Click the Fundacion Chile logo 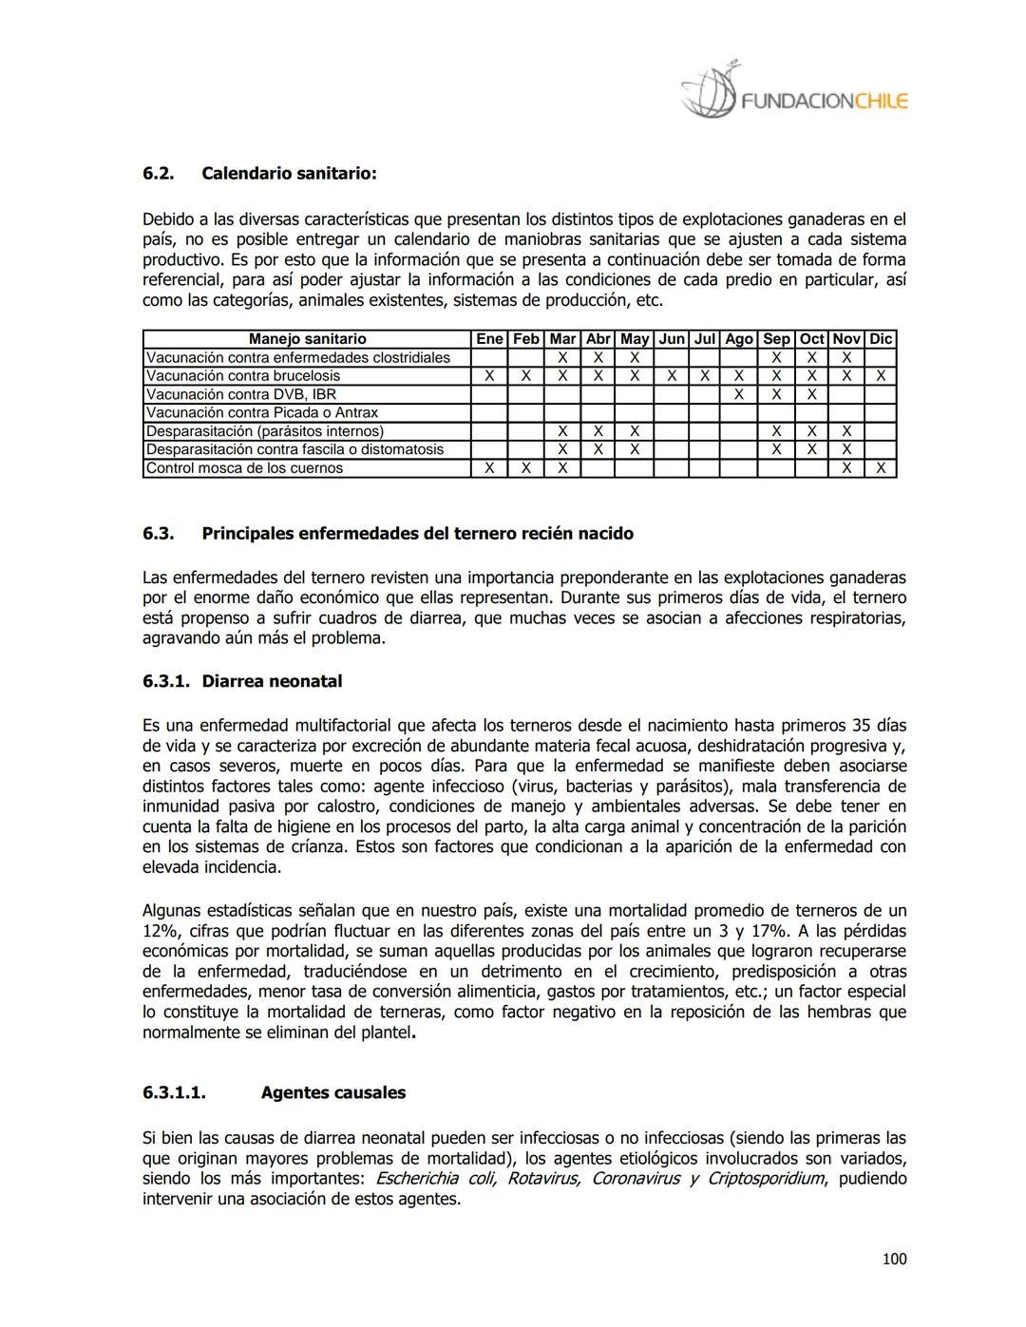click(794, 94)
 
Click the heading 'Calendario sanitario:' click(289, 174)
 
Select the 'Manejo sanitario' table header click(307, 339)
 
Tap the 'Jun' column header click(672, 339)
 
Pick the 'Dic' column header click(881, 339)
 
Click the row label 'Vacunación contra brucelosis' click(243, 376)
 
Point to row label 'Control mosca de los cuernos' click(245, 468)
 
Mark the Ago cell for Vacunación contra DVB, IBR click(738, 394)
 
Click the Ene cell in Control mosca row click(489, 468)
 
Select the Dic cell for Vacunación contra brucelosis click(881, 376)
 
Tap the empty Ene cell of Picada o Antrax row click(489, 412)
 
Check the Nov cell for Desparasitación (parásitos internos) click(846, 431)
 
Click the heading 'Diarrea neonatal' click(272, 681)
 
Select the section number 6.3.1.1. click(174, 1092)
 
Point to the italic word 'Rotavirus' click(543, 1179)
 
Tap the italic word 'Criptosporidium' click(766, 1179)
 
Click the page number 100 click(894, 1260)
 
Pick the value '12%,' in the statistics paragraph click(162, 931)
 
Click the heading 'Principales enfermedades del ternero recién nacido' click(417, 533)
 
